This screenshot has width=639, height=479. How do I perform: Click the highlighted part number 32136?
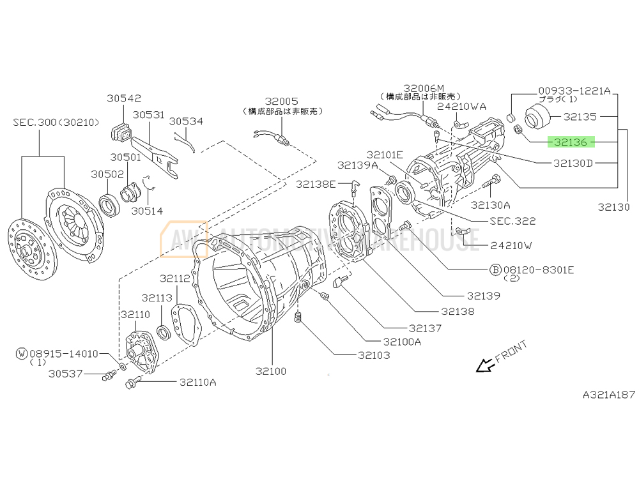point(571,142)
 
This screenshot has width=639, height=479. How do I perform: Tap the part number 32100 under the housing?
point(271,371)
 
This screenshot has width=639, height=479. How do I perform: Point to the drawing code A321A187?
point(608,395)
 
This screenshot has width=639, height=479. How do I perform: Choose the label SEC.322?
point(512,221)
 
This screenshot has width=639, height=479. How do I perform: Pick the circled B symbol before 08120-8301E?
point(495,270)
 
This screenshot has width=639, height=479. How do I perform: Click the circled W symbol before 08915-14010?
point(22,353)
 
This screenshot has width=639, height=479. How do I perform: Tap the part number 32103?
point(373,355)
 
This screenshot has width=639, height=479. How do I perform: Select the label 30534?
point(186,121)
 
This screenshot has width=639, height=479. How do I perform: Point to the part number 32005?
point(282,102)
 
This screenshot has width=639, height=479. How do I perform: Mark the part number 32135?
point(580,117)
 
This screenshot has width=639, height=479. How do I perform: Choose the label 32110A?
point(197,383)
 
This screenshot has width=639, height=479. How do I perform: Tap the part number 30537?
point(65,374)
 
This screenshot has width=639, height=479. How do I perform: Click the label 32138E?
point(316,184)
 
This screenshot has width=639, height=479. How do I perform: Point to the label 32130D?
point(573,163)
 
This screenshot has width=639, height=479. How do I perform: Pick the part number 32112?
point(175,278)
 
